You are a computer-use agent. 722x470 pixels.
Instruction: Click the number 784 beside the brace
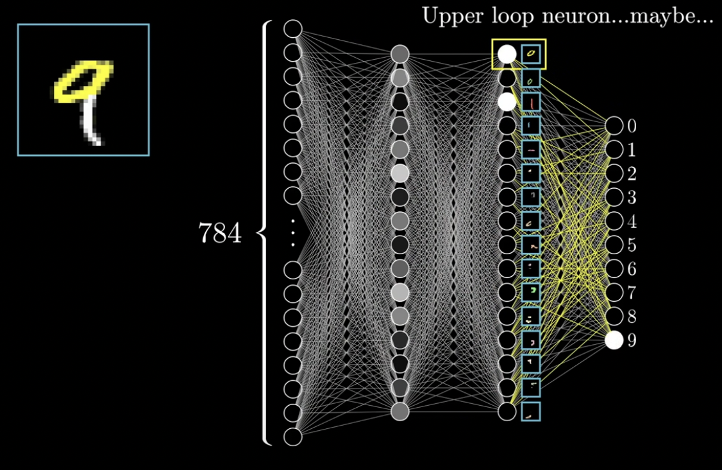(219, 234)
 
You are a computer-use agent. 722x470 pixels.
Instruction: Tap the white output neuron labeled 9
(614, 340)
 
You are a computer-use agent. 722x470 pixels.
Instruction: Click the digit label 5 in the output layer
(632, 245)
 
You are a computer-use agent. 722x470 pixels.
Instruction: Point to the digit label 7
(632, 293)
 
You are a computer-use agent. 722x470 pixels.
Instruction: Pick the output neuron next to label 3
(614, 198)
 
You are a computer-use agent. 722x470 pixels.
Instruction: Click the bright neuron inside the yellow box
(507, 55)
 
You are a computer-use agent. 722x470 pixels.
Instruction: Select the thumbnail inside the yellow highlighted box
(531, 55)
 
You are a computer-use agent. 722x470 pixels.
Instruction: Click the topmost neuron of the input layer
(293, 29)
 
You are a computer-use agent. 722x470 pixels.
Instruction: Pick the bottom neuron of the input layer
(293, 437)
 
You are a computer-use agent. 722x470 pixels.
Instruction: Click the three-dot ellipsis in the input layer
(293, 232)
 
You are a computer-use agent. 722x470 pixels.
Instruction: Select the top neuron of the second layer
(400, 54)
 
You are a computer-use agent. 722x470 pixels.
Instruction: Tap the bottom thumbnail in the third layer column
(531, 412)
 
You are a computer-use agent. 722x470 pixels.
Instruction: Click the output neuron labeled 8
(614, 317)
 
